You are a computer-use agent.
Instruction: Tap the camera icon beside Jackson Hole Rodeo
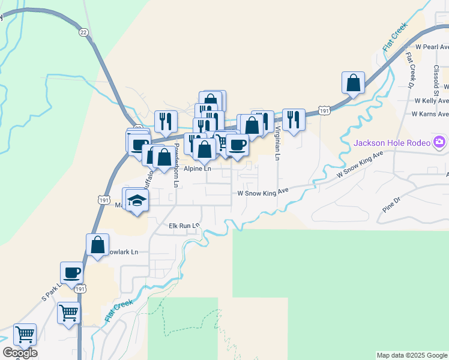(x=440, y=142)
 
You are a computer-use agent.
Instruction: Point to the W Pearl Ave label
(x=432, y=46)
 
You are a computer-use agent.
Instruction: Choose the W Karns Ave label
(x=430, y=114)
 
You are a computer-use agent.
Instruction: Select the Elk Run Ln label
(x=184, y=226)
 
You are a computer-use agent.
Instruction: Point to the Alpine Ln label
(x=197, y=169)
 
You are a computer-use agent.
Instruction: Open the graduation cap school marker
(x=137, y=200)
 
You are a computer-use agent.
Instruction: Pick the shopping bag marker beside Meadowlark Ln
(x=98, y=245)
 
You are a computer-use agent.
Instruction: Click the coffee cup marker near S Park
(x=72, y=273)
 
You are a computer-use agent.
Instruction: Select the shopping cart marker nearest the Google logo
(x=25, y=335)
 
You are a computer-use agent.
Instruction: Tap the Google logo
(x=20, y=353)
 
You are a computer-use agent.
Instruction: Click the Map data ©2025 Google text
(x=412, y=355)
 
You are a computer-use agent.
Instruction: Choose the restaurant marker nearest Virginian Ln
(x=294, y=120)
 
